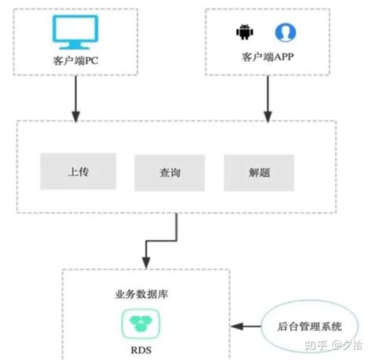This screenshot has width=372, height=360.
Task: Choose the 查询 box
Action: pos(170,171)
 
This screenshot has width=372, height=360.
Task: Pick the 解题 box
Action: pos(259,171)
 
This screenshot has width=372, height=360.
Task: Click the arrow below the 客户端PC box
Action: pos(75,98)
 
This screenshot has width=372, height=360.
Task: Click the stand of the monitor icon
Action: pos(76,45)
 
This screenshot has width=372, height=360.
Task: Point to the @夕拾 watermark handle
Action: pos(345,344)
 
